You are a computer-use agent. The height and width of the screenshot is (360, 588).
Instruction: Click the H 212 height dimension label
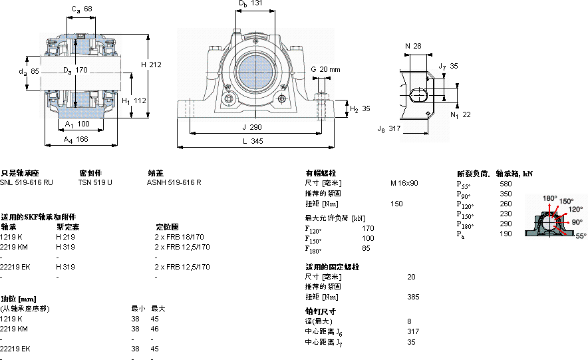[x=152, y=65]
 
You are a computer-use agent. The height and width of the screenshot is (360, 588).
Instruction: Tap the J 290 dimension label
[x=253, y=126]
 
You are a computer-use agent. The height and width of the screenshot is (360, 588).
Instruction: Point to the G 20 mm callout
[x=325, y=69]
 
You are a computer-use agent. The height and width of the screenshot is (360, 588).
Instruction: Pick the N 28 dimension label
[x=413, y=46]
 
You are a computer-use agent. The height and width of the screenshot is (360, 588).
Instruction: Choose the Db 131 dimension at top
[x=250, y=4]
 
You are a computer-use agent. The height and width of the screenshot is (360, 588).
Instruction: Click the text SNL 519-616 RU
[x=27, y=182]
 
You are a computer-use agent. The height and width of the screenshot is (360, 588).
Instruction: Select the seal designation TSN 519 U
[x=95, y=182]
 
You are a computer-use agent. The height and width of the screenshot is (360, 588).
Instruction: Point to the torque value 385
[x=412, y=297]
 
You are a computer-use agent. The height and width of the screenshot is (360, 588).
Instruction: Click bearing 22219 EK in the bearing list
[x=15, y=266]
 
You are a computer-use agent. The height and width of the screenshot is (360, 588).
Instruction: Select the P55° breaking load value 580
[x=506, y=184]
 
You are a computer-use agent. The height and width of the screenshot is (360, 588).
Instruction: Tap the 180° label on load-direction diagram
[x=549, y=198]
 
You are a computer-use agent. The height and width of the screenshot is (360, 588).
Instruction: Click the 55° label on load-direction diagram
[x=580, y=236]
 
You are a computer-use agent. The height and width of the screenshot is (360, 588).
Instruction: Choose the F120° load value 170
[x=368, y=228]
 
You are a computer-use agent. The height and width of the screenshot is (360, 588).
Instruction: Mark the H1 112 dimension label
[x=134, y=100]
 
